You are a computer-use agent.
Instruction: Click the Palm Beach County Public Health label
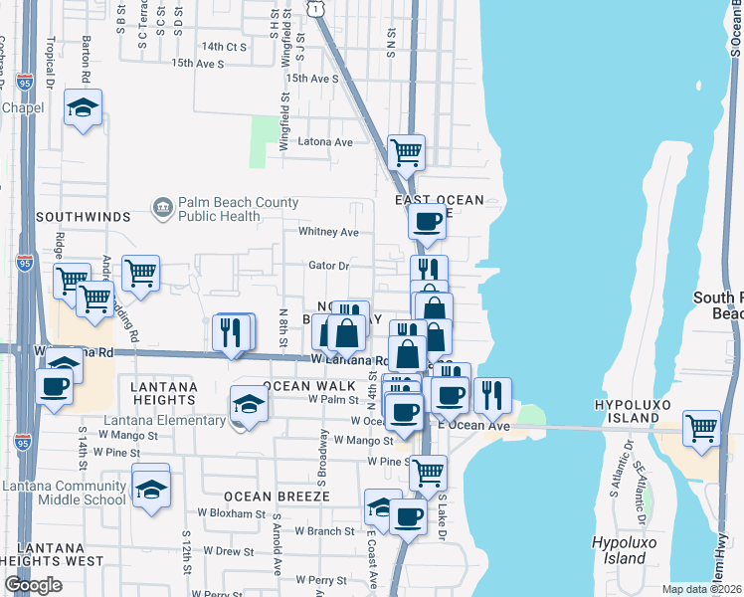pyautogui.click(x=238, y=209)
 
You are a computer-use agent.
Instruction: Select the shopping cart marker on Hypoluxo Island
pyautogui.click(x=702, y=429)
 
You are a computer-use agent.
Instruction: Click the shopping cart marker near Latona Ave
pyautogui.click(x=406, y=153)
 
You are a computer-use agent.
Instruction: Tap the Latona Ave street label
pyautogui.click(x=325, y=142)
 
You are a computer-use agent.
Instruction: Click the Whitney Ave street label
pyautogui.click(x=328, y=232)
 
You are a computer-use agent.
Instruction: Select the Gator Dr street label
pyautogui.click(x=329, y=266)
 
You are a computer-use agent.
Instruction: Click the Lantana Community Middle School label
pyautogui.click(x=64, y=493)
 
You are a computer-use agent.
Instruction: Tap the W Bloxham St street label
pyautogui.click(x=231, y=514)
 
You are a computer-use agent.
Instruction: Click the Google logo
pyautogui.click(x=32, y=585)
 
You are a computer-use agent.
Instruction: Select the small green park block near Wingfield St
pyautogui.click(x=264, y=140)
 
